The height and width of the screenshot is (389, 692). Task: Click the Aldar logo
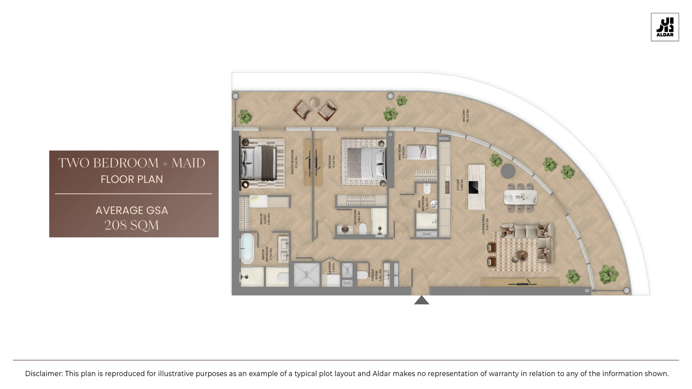(x=665, y=27)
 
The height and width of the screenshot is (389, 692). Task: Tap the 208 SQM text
(x=132, y=225)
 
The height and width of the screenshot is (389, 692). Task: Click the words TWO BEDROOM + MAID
(x=132, y=163)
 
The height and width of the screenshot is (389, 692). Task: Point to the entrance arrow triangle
(x=421, y=300)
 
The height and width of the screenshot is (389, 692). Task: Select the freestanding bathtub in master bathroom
(x=247, y=249)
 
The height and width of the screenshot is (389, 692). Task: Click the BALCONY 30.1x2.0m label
(x=465, y=116)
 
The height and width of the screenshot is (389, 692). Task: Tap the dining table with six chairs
(x=520, y=197)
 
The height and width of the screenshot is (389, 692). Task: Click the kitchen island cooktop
(x=473, y=187)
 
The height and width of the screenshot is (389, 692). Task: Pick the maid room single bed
(x=422, y=152)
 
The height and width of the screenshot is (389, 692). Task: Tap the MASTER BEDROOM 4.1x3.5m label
(x=294, y=158)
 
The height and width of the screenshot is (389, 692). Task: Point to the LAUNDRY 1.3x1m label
(x=331, y=268)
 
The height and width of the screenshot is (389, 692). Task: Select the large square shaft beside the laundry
(x=307, y=274)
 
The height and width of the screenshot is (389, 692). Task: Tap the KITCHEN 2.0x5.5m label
(x=460, y=185)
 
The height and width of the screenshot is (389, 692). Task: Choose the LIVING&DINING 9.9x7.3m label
(x=485, y=224)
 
